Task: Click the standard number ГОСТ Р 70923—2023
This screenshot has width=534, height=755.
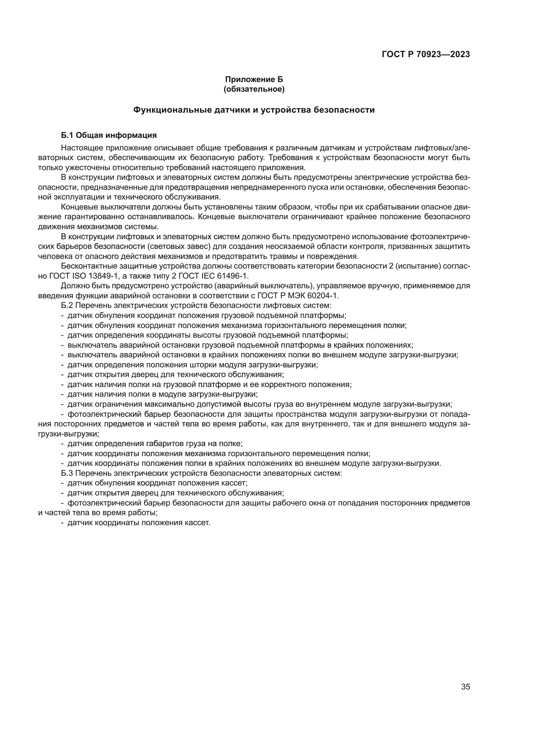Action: [x=426, y=55]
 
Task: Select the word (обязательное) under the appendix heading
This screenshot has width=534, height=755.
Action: [x=254, y=89]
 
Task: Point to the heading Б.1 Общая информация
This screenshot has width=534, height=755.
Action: [x=109, y=135]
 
